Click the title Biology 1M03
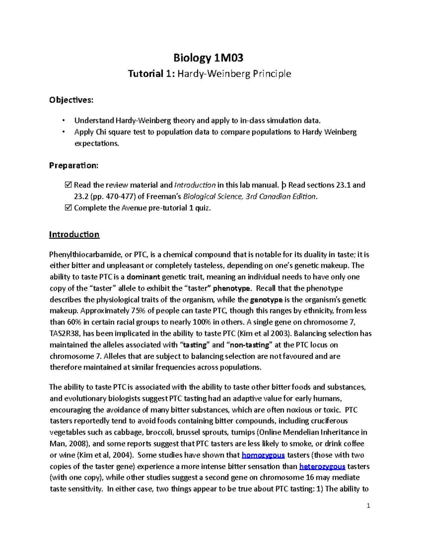click(209, 58)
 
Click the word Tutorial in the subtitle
click(146, 74)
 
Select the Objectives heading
click(71, 100)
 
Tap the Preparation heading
click(74, 165)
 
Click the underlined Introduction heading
click(74, 235)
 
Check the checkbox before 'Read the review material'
click(69, 185)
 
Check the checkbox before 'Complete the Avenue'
click(69, 208)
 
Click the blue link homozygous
click(263, 455)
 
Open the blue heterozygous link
click(322, 467)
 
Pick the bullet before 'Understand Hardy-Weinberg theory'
click(64, 121)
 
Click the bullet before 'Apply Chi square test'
click(64, 132)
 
